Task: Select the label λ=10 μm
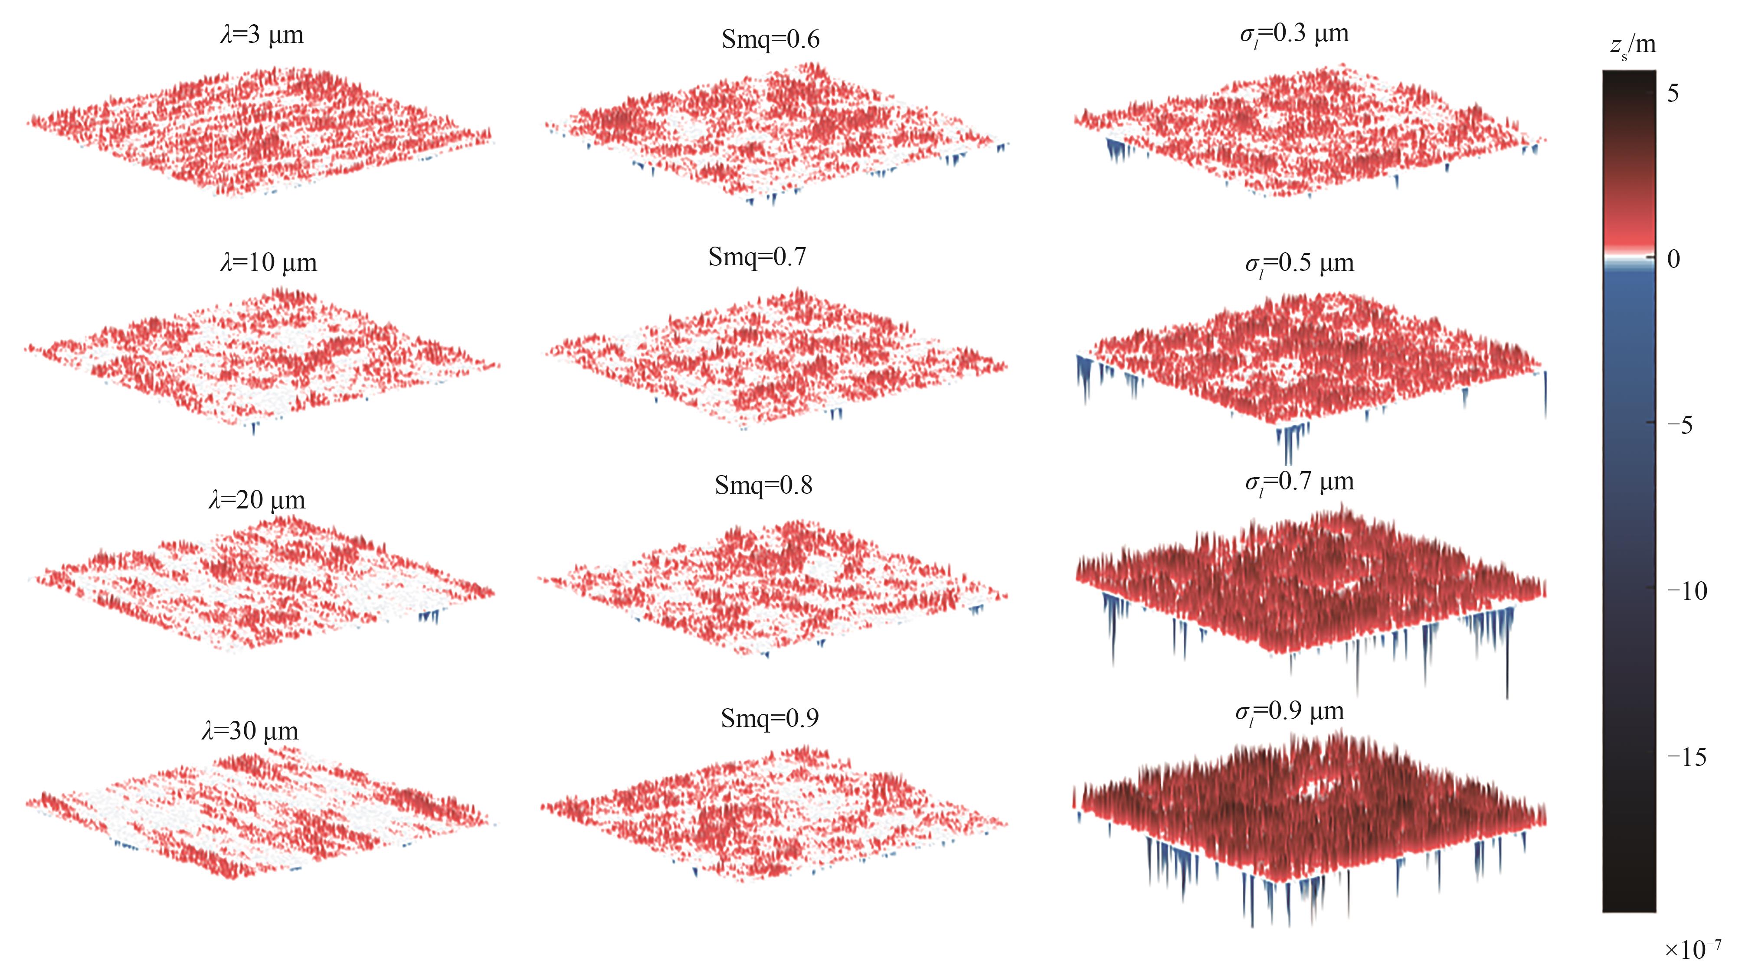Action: (x=269, y=262)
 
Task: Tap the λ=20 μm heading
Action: (x=257, y=500)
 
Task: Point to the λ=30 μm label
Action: (x=250, y=731)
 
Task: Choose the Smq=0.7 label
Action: (x=757, y=257)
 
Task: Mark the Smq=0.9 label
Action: (x=769, y=718)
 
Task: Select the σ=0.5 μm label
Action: (x=1299, y=263)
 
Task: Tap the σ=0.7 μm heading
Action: (x=1299, y=482)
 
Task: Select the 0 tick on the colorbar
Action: (x=1673, y=259)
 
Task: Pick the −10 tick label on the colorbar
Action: (x=1686, y=591)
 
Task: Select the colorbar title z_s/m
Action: (x=1632, y=45)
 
